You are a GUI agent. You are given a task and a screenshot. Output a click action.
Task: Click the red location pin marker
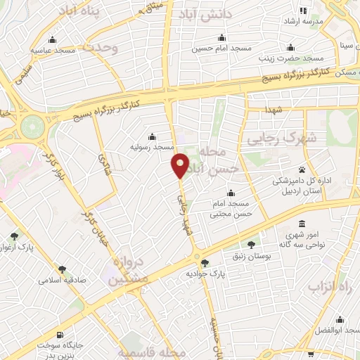tap(181, 165)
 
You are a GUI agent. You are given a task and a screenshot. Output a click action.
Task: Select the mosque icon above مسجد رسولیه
tap(152, 136)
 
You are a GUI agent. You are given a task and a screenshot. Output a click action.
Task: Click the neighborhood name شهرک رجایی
tap(333, 139)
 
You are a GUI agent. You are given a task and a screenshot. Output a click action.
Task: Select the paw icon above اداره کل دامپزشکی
tap(302, 169)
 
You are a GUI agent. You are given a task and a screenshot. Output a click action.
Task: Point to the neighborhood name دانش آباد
tap(206, 15)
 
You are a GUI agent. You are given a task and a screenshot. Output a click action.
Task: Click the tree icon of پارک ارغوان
tap(15, 236)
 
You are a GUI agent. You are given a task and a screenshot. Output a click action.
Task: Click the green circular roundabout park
tap(32, 127)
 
